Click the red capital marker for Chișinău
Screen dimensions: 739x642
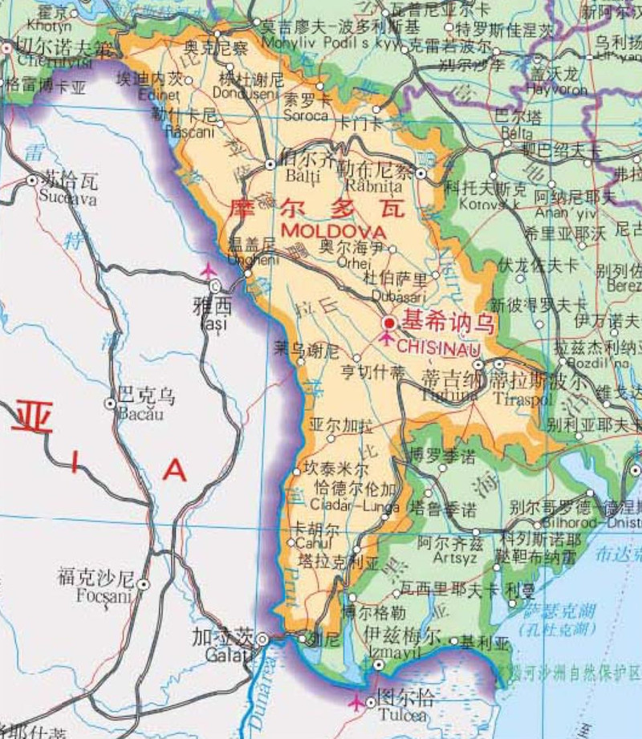point(389,323)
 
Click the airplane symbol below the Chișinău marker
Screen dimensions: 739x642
point(386,339)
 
